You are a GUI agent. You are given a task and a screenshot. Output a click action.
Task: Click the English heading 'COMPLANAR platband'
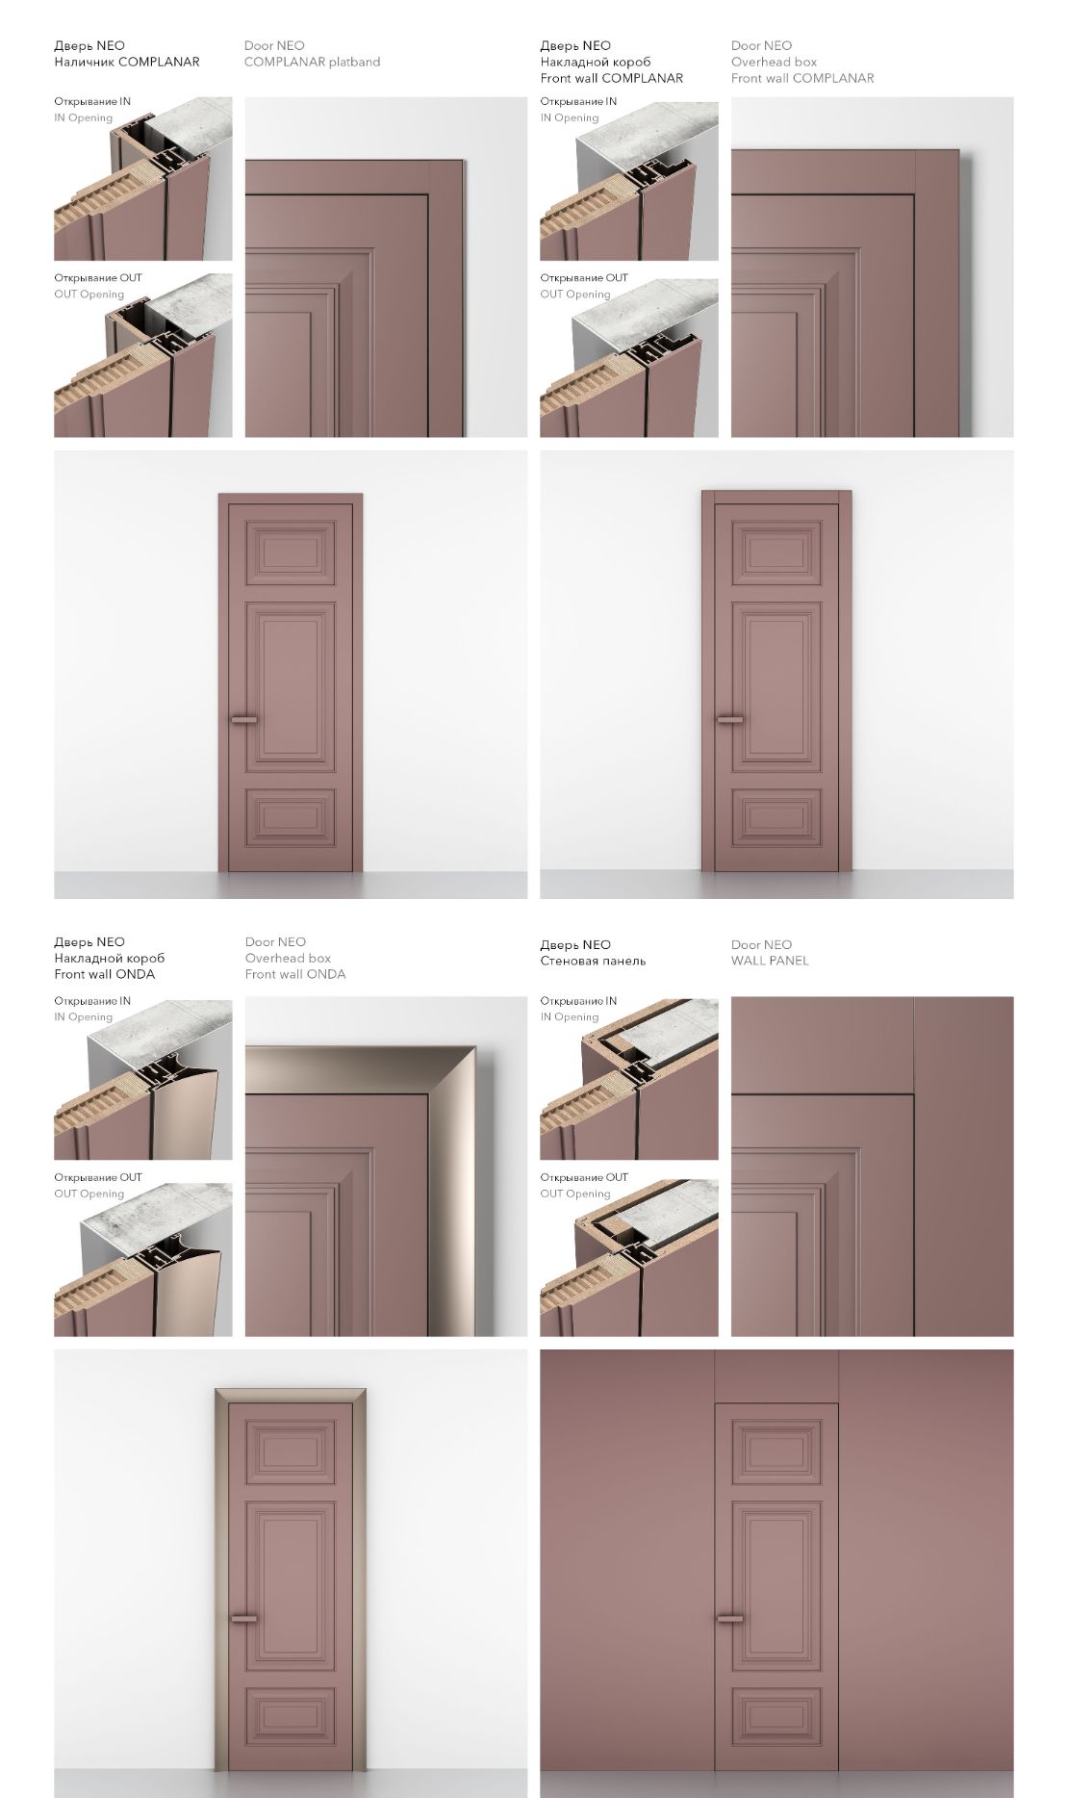pyautogui.click(x=312, y=62)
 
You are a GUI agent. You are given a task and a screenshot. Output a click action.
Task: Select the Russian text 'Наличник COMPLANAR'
pyautogui.click(x=127, y=62)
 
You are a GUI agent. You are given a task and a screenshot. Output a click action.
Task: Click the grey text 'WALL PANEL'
pyautogui.click(x=770, y=961)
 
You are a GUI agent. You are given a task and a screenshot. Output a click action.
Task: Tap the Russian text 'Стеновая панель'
pyautogui.click(x=593, y=961)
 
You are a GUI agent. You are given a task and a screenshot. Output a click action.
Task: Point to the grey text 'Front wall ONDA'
pyautogui.click(x=295, y=974)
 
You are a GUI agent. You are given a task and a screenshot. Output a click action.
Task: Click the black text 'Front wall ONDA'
pyautogui.click(x=104, y=974)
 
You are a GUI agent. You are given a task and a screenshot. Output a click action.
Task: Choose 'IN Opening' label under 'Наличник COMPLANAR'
pyautogui.click(x=83, y=117)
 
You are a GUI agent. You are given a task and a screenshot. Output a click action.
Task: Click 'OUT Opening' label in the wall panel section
pyautogui.click(x=575, y=1194)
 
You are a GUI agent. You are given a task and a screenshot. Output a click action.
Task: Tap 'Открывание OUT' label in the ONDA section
pyautogui.click(x=98, y=1177)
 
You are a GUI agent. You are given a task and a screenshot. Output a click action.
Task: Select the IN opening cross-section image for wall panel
pyautogui.click(x=629, y=1078)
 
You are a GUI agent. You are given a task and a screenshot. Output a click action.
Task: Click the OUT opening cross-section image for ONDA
pyautogui.click(x=143, y=1259)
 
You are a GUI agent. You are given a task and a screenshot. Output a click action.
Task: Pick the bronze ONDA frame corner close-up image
pyautogui.click(x=386, y=1167)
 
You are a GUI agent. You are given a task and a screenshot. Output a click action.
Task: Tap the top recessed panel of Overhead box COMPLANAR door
pyautogui.click(x=776, y=552)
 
